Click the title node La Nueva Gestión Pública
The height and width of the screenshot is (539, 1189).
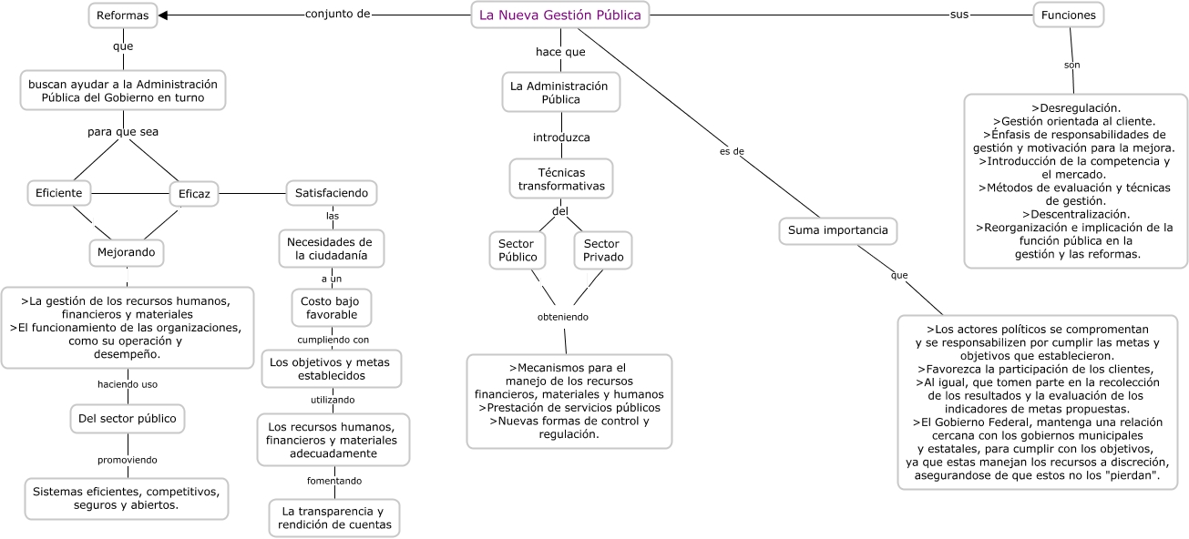(x=560, y=15)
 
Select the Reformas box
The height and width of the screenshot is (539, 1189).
(x=122, y=15)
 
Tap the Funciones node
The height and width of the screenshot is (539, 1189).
(x=1068, y=15)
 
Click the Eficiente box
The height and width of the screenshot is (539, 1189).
(x=59, y=193)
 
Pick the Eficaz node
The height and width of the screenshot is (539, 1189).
(x=194, y=193)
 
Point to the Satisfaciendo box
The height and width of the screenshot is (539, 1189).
(x=332, y=193)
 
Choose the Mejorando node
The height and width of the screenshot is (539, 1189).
(x=127, y=250)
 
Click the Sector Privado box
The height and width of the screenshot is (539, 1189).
(x=602, y=250)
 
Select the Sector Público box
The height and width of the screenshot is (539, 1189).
(x=518, y=250)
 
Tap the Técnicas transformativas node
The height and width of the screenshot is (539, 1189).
(x=561, y=178)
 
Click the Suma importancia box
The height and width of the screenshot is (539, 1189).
(x=837, y=230)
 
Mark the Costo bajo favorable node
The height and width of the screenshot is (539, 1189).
(x=332, y=308)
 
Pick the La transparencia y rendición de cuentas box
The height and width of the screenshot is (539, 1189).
(x=334, y=518)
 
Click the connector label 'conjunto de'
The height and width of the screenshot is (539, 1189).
(x=337, y=15)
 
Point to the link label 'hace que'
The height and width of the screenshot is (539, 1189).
(x=560, y=52)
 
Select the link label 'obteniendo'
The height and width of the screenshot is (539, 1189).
(x=562, y=317)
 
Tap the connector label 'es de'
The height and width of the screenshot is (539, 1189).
(x=731, y=151)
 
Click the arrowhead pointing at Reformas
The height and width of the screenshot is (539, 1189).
(x=164, y=15)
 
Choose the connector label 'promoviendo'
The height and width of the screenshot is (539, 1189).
(x=128, y=459)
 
